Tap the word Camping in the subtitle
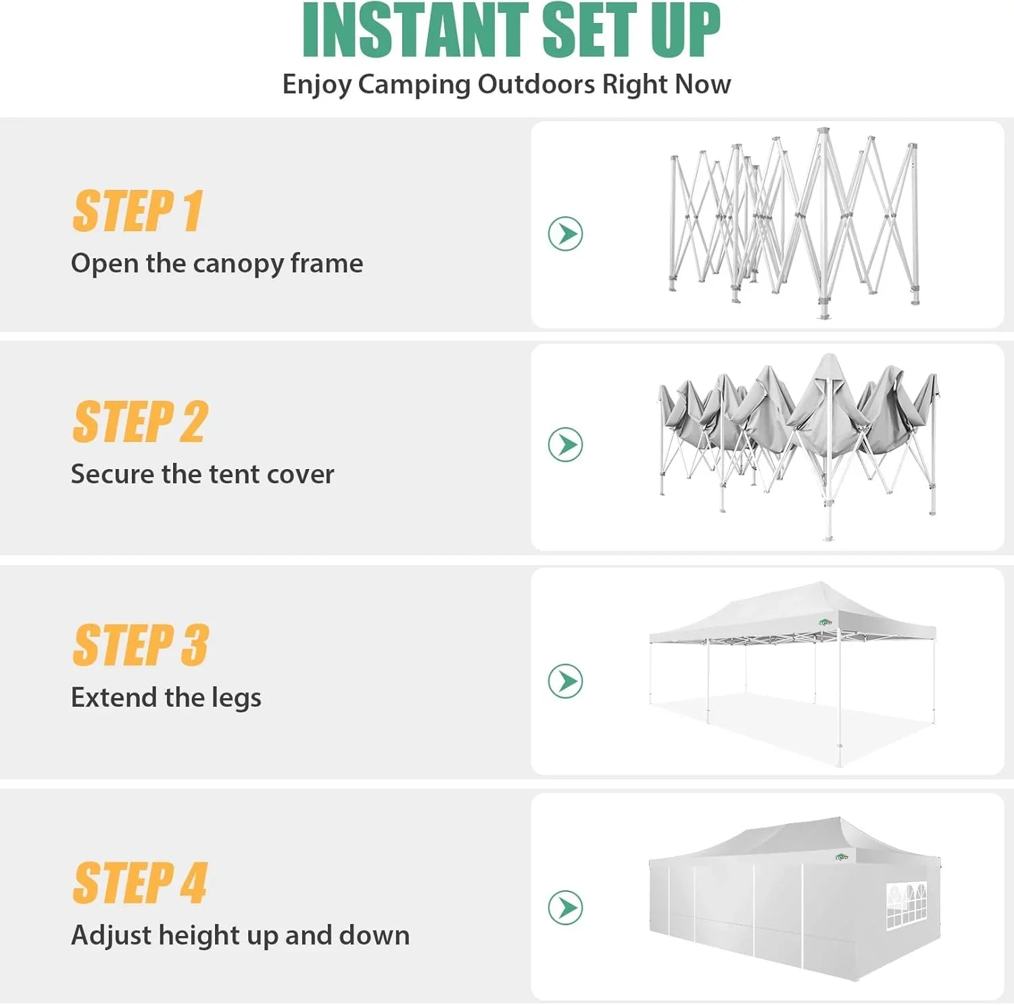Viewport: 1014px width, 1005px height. pos(414,85)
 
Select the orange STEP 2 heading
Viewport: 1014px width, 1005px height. pos(140,422)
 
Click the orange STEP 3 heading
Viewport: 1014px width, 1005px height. pos(140,645)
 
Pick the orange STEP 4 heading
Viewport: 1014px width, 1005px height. pos(139,883)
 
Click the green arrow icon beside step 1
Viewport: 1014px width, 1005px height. pos(565,234)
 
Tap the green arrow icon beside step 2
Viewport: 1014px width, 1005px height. pos(565,445)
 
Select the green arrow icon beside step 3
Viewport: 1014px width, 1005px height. pos(565,681)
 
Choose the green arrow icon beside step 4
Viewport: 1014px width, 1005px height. pos(565,908)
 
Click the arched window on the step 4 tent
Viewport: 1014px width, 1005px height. pos(906,905)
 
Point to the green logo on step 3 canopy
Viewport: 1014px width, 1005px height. pos(825,622)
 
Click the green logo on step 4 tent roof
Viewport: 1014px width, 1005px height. pos(842,857)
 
